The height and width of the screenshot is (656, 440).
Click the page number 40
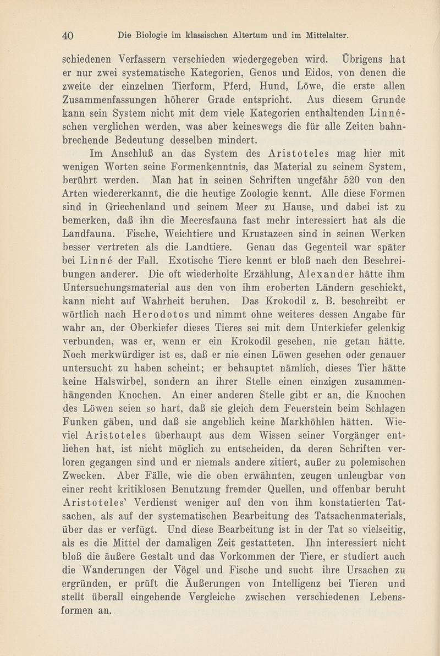(x=68, y=35)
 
